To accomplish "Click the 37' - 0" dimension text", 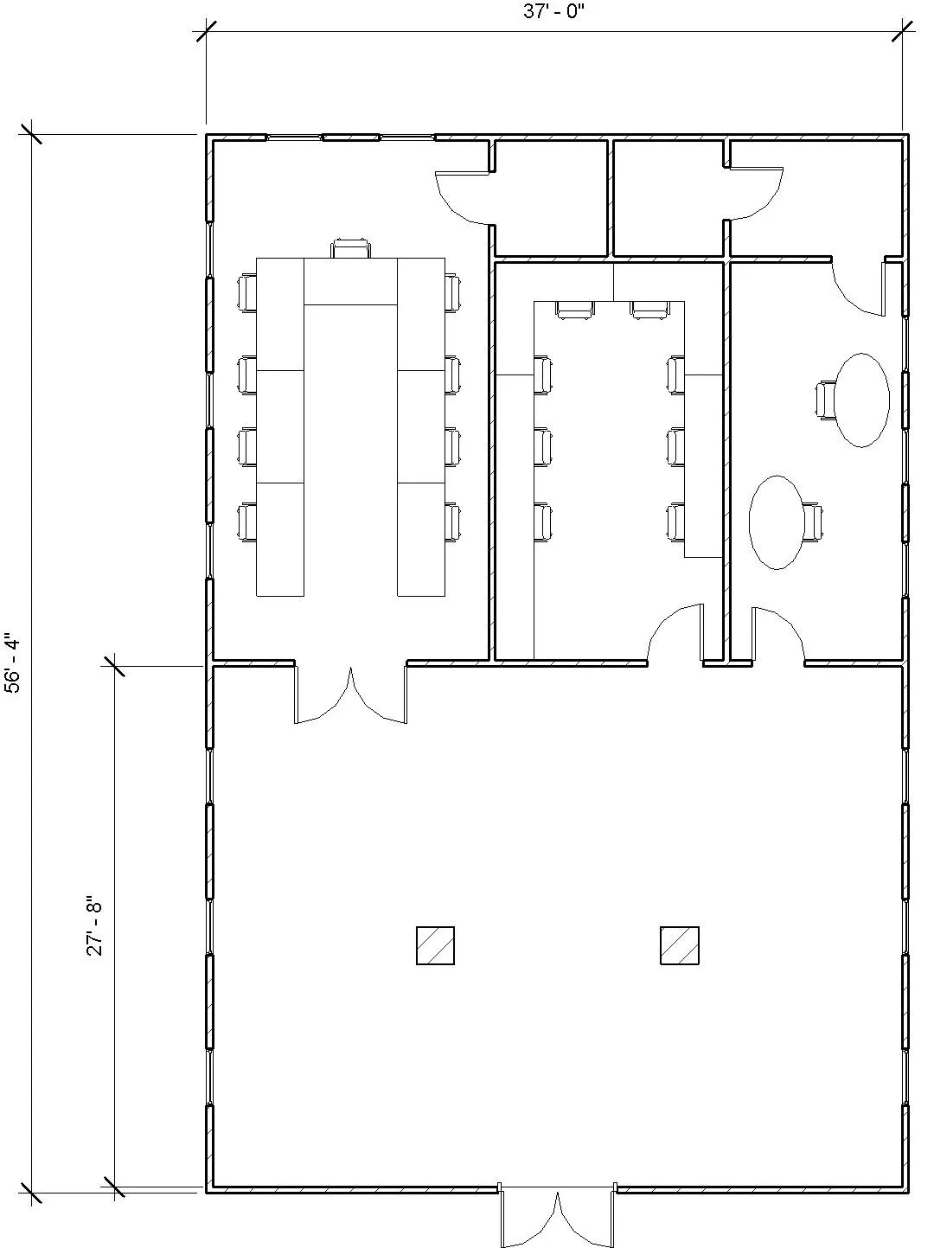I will [554, 12].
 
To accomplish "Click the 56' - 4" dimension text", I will [11, 663].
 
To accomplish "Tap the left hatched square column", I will [435, 945].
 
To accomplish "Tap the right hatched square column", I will [679, 945].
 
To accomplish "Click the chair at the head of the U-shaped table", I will [351, 249].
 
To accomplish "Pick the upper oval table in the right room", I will [861, 400].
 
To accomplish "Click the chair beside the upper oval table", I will [827, 400].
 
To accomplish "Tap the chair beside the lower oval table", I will [812, 522].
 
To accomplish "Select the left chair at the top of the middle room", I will [575, 310].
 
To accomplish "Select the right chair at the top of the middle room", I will [649, 310].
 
